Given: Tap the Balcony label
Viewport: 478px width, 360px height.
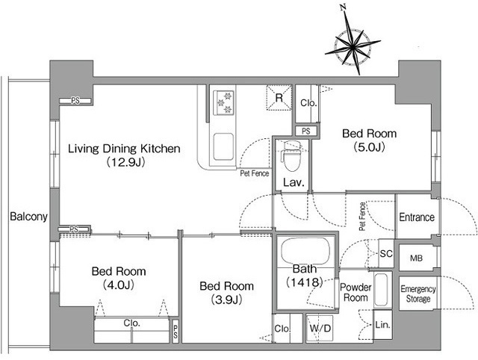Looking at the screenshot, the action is [28, 217].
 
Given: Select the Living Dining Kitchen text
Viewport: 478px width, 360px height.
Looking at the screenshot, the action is [124, 149].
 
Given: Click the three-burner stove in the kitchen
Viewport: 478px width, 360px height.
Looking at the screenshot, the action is [224, 102].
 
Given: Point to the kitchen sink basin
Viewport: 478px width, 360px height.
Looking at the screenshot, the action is [223, 146].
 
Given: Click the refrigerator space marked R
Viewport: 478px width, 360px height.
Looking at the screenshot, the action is [279, 98].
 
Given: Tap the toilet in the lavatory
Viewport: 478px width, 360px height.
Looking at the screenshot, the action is [292, 156].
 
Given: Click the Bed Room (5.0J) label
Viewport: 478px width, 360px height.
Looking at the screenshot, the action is [369, 140].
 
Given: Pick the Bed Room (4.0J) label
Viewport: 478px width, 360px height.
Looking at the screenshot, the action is [119, 278].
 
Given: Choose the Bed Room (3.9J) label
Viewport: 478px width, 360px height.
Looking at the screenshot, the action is [226, 293].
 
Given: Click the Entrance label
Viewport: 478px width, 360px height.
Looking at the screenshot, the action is [417, 217].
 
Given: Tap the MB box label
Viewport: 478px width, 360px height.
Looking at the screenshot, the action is [417, 258].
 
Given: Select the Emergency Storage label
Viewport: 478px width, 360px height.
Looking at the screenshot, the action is [418, 294].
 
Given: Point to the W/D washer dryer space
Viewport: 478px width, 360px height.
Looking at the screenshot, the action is [320, 329].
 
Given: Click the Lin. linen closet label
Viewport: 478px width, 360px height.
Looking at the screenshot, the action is [382, 325].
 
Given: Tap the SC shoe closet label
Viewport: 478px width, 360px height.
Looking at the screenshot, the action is [386, 254].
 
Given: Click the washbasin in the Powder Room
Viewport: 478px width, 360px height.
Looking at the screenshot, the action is [381, 291].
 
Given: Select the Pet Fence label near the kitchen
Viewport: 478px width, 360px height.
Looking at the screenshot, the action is [255, 173].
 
